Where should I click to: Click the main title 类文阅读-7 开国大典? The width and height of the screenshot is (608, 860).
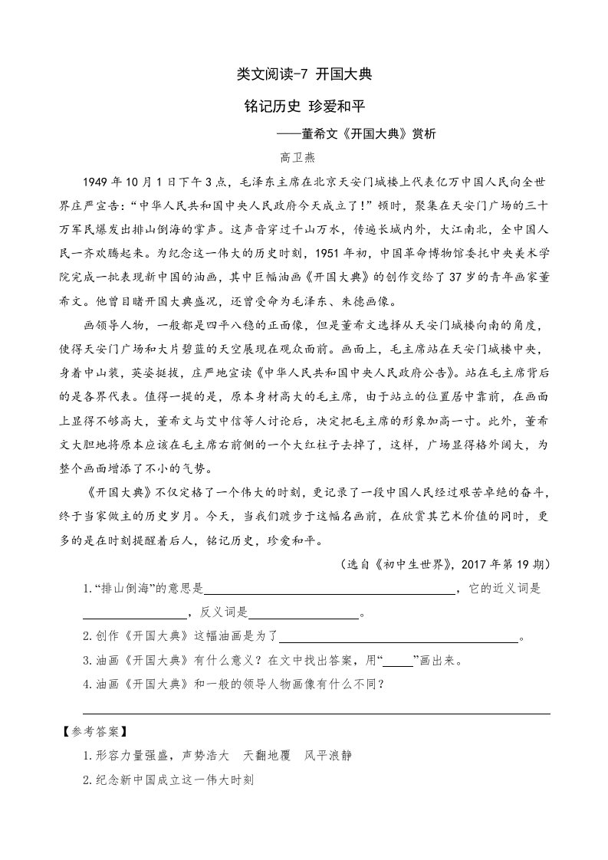tap(304, 75)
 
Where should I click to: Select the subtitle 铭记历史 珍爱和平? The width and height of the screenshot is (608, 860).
tap(304, 107)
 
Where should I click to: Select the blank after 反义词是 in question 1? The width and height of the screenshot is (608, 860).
tap(304, 615)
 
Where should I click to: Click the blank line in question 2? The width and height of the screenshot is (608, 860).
tap(399, 638)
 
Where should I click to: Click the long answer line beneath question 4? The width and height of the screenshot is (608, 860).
tap(316, 714)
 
